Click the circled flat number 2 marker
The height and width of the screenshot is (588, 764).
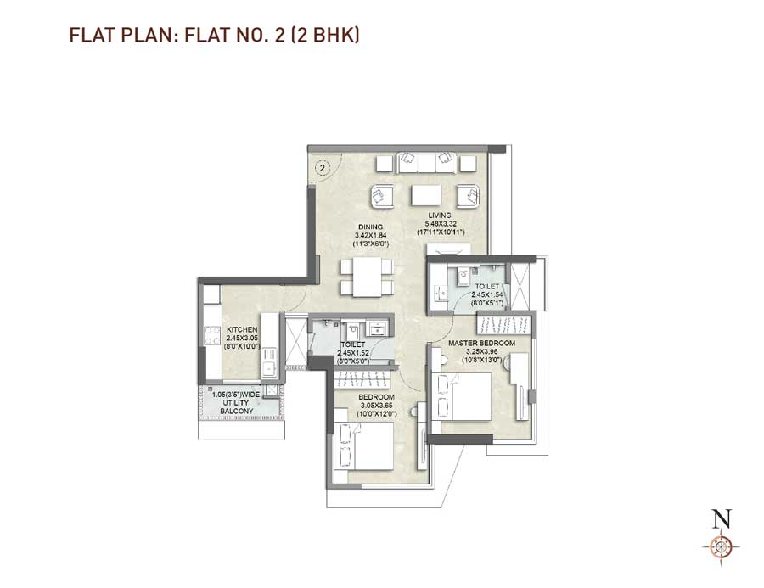coord(323,168)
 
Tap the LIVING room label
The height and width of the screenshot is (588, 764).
coord(440,216)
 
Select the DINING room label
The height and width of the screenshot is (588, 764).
coord(369,227)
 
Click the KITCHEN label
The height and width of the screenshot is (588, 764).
coord(242,329)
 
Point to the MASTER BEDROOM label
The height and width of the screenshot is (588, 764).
coord(481,343)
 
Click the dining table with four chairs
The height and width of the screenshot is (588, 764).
coord(367,277)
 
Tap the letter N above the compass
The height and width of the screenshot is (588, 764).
coord(722,518)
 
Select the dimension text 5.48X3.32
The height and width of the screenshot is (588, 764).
coord(439,223)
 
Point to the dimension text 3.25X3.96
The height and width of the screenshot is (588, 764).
coord(481,351)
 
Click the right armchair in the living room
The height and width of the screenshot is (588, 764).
coord(468,197)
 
